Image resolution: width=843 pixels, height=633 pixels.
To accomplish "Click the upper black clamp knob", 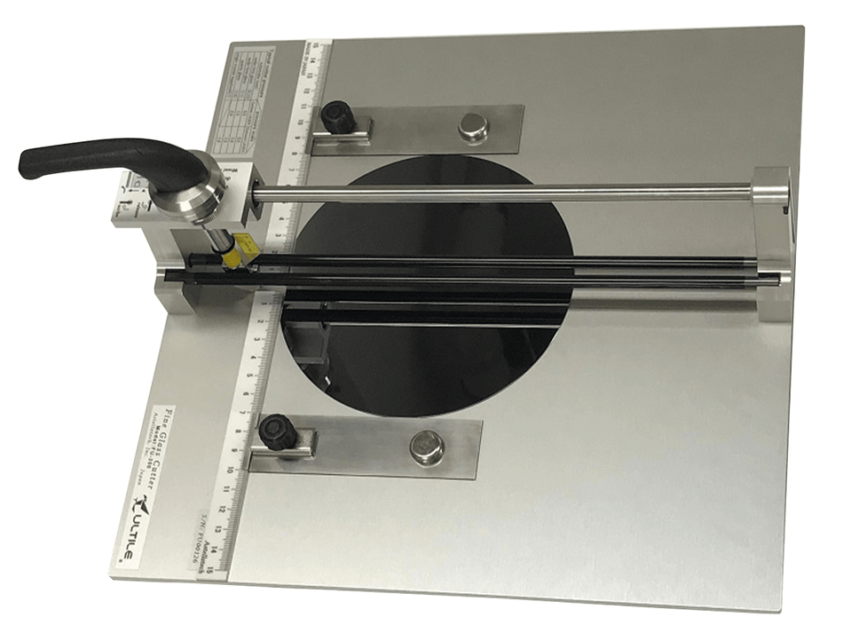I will pyautogui.click(x=337, y=115).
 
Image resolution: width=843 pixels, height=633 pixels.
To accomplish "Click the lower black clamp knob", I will pyautogui.click(x=277, y=432).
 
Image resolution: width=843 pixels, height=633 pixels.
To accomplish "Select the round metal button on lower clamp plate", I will pyautogui.click(x=426, y=444).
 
